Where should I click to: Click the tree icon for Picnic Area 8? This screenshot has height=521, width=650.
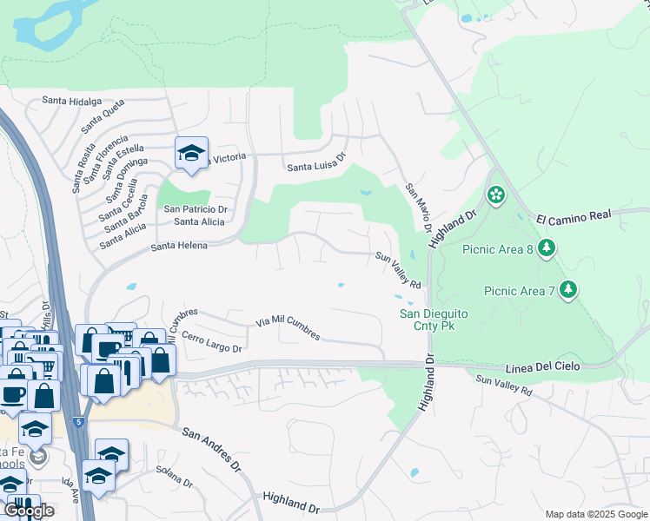coord(547,250)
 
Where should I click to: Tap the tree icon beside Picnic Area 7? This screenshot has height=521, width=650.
coord(568,289)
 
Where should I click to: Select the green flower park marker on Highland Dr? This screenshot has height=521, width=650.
coord(496,195)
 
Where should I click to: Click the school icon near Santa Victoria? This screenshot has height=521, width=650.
coord(191,154)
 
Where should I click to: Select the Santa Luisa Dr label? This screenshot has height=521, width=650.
coord(317,165)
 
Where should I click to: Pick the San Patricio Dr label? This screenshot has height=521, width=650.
coord(196,209)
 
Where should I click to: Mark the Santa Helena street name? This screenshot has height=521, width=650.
coord(179,247)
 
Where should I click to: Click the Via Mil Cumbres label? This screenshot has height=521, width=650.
coord(288,328)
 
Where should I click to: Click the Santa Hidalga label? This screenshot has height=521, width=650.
coord(72,101)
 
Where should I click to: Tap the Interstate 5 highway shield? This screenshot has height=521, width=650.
coord(80,422)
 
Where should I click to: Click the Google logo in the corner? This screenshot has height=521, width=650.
coord(28,511)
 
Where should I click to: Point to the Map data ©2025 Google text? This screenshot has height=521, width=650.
coord(595,514)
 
